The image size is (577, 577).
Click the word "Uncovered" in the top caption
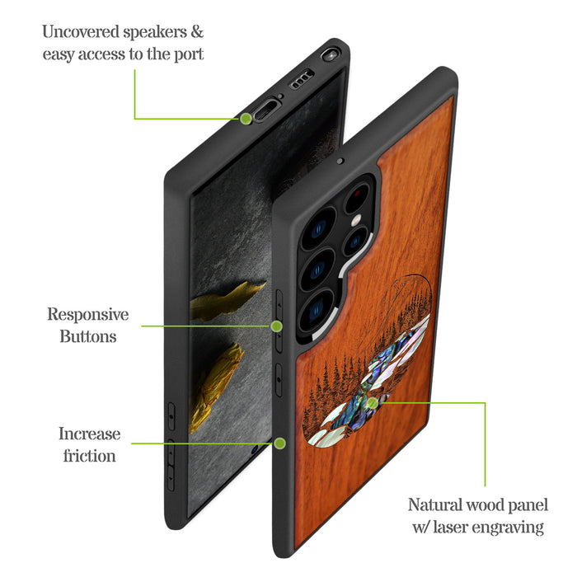[81, 31]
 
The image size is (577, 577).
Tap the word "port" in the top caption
[189, 54]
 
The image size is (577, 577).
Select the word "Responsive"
[88, 315]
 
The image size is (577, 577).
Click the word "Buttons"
[88, 336]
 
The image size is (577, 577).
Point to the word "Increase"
[89, 434]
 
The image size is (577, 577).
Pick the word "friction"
[89, 456]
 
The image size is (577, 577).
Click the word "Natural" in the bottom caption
[434, 504]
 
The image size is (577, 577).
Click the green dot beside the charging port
[246, 119]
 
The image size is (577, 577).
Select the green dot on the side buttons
[276, 326]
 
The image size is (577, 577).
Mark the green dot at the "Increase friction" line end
[279, 443]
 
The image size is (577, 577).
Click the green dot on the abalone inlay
[373, 403]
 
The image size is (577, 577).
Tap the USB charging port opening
[266, 110]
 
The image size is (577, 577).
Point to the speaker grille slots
[303, 78]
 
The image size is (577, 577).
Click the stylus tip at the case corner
[331, 54]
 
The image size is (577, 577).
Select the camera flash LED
[355, 221]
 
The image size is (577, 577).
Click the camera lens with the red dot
[356, 198]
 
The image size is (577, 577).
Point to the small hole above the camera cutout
[340, 162]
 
